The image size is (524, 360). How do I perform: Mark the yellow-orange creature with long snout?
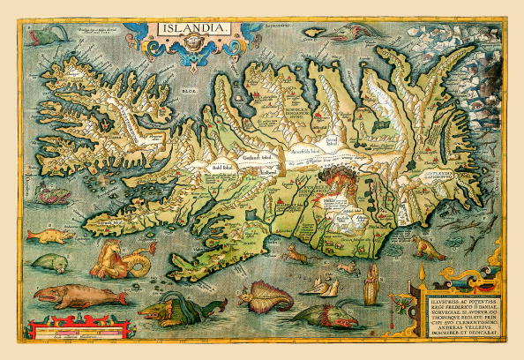49,235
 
